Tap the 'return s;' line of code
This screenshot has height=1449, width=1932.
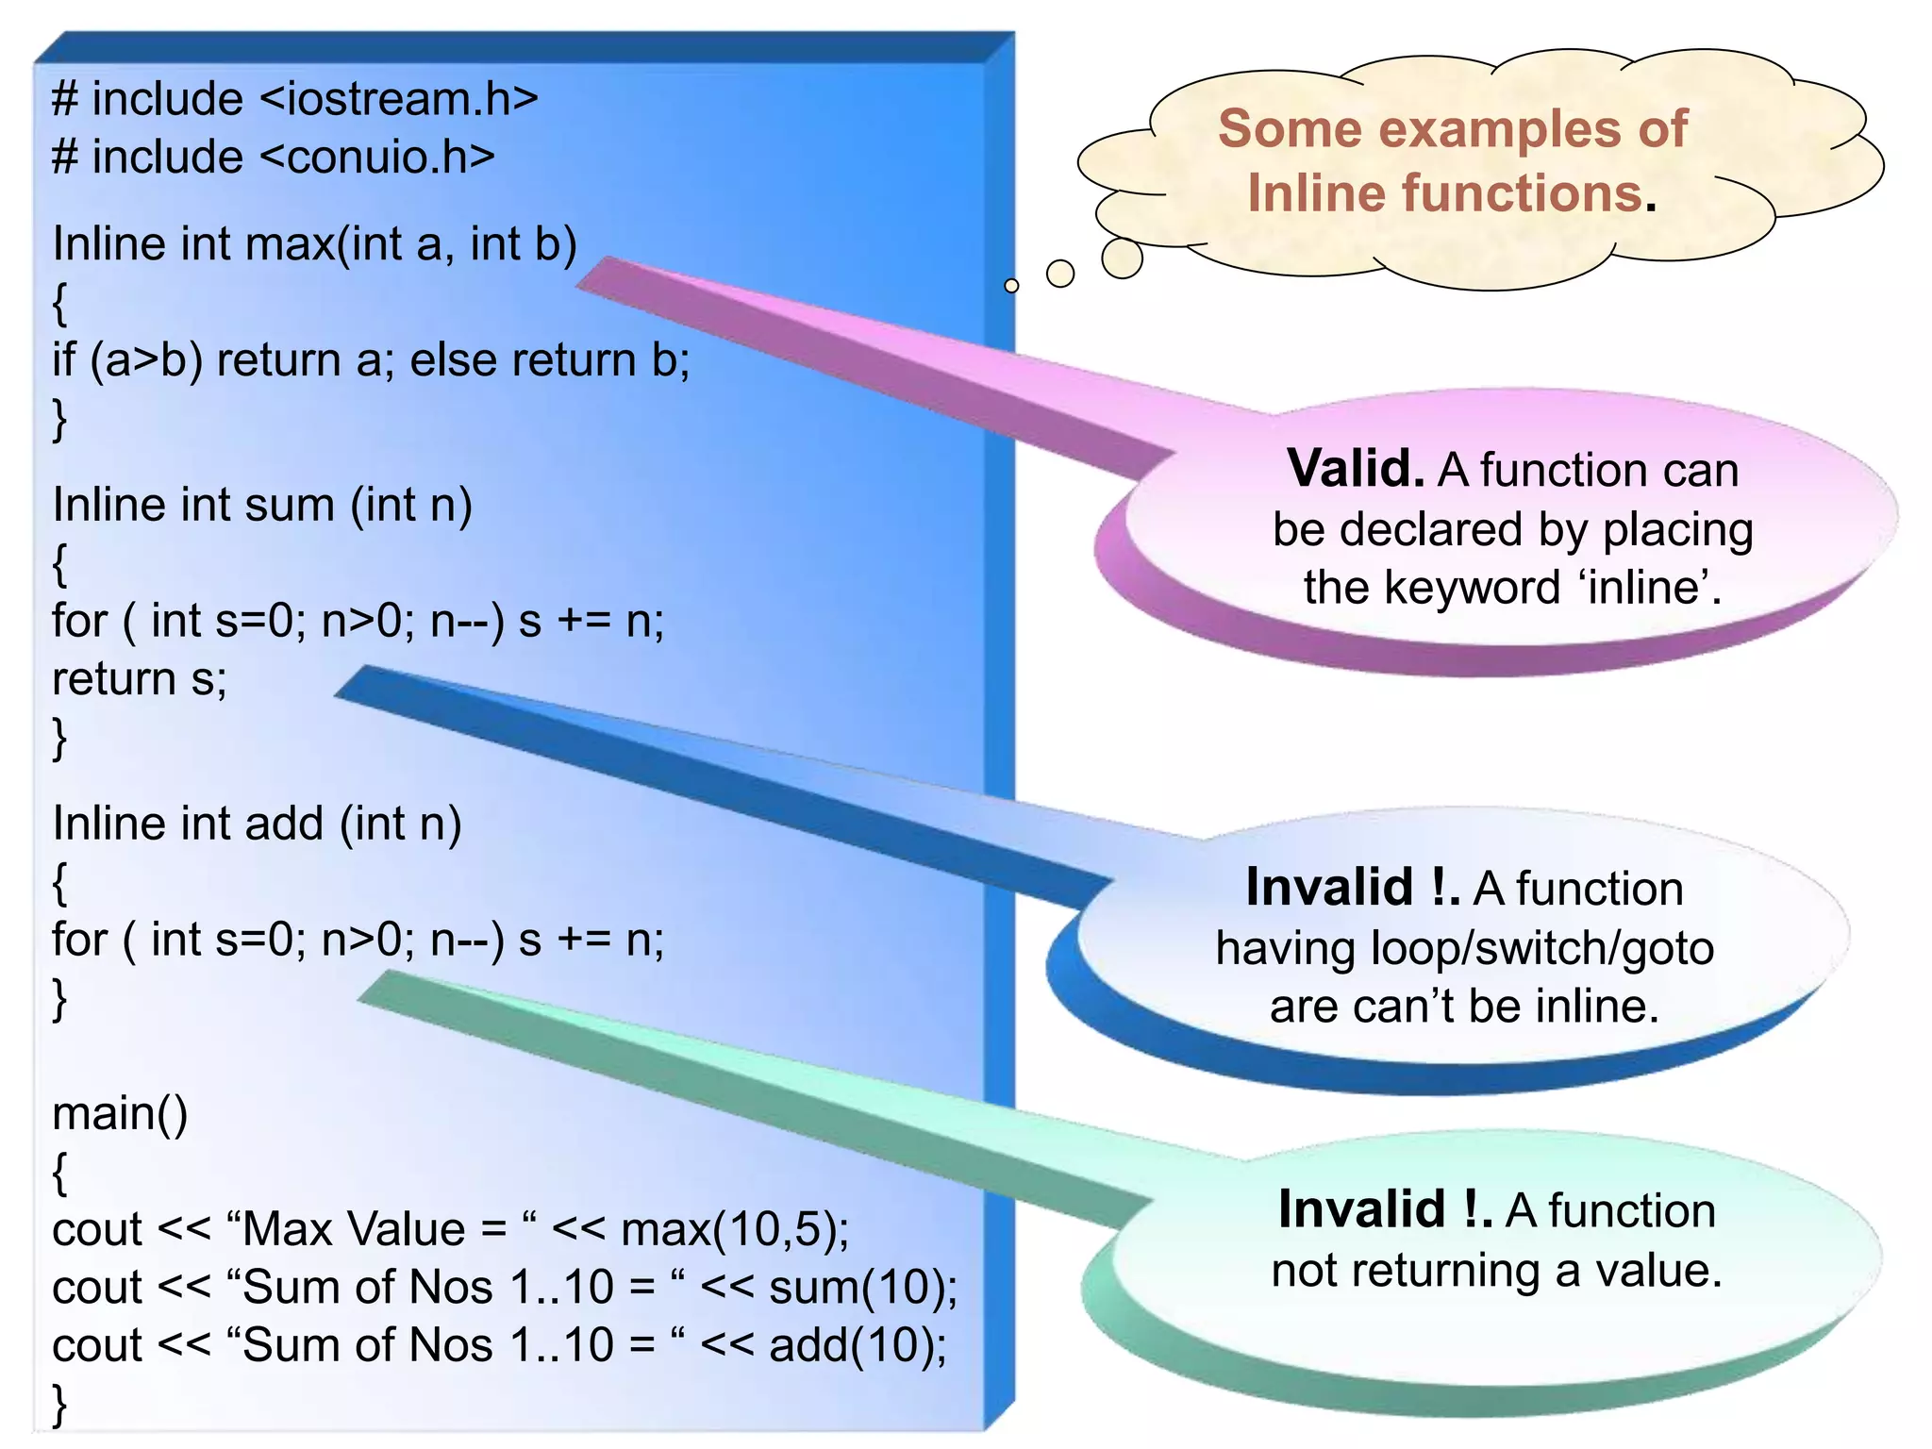[x=140, y=679]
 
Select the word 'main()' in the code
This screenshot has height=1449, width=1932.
[x=120, y=1114]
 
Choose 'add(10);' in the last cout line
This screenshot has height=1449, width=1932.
[x=857, y=1346]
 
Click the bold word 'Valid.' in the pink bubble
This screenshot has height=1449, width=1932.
[x=1356, y=469]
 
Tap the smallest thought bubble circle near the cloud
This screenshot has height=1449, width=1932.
[x=1011, y=285]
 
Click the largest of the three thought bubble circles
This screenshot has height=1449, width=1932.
[x=1122, y=258]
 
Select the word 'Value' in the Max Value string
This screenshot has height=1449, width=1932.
[x=407, y=1230]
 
